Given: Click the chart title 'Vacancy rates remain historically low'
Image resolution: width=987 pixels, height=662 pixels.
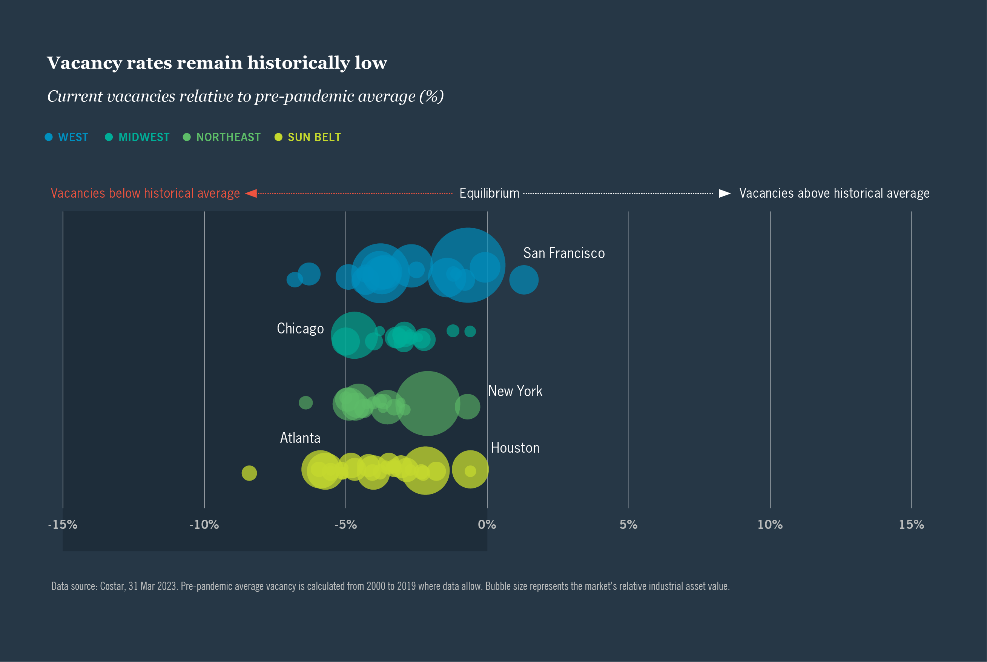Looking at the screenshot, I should (216, 63).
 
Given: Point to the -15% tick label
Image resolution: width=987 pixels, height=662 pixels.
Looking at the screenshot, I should (63, 525).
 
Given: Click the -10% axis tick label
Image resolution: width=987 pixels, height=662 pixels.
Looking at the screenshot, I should (204, 525).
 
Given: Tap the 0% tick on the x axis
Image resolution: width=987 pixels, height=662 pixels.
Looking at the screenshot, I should (487, 525).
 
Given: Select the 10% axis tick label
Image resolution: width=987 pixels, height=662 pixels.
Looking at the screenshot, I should (770, 525).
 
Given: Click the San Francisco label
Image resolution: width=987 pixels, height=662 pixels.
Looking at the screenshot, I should (563, 253).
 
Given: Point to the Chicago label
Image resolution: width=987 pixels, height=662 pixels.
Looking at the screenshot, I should (300, 329).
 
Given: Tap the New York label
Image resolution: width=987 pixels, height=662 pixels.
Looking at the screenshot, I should (515, 392).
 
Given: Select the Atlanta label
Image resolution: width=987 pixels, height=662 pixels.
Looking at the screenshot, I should (300, 438).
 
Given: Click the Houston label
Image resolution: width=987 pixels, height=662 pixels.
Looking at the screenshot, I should (515, 448).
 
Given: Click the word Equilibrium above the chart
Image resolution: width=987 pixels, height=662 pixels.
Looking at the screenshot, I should (489, 194).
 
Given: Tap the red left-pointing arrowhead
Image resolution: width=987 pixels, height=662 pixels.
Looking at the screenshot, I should (251, 194).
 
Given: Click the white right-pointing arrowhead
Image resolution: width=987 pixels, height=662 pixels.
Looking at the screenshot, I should (725, 194).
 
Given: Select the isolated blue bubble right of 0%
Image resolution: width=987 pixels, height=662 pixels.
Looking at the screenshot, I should (523, 280).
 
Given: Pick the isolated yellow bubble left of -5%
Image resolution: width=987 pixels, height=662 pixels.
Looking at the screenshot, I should (249, 473).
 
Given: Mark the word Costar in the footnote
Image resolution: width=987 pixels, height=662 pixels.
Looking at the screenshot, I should (112, 587).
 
